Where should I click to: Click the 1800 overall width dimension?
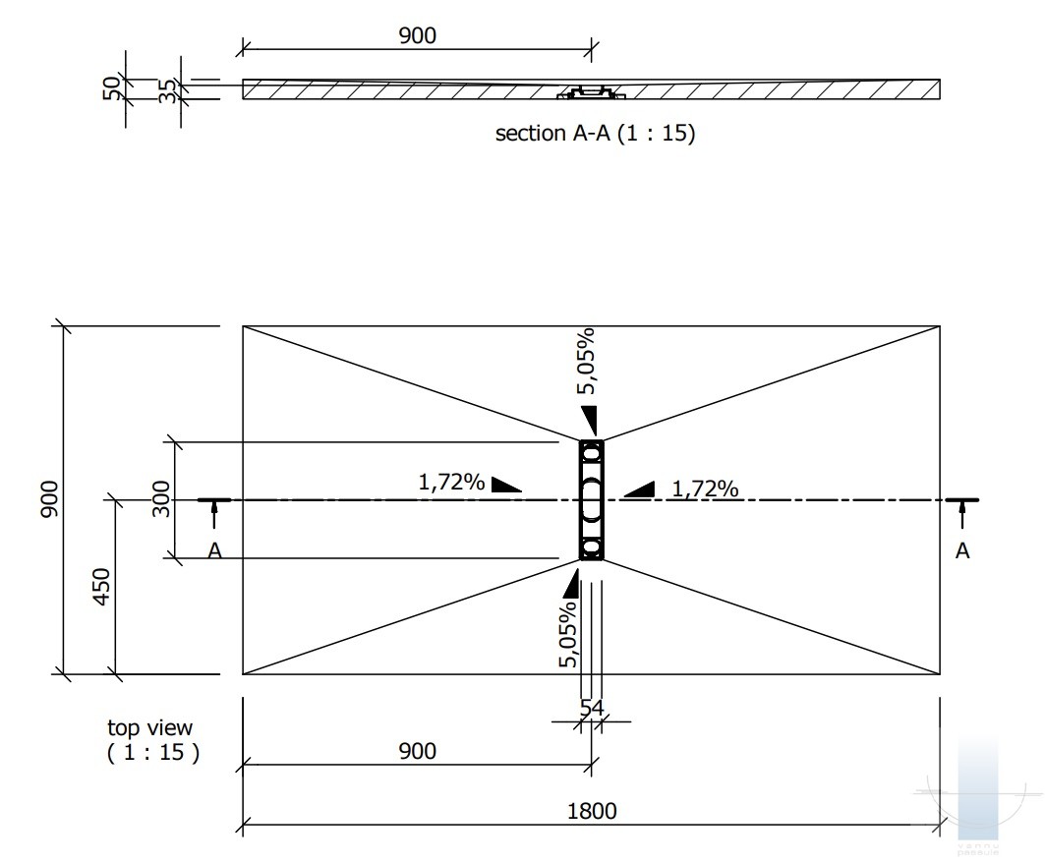click(592, 811)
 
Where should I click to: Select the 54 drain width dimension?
click(592, 707)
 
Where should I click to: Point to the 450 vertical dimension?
click(103, 587)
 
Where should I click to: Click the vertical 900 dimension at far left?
click(50, 500)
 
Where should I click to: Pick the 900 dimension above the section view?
click(417, 35)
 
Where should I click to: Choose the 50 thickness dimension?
click(113, 87)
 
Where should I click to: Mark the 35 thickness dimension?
click(168, 90)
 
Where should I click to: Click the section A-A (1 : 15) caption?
click(595, 134)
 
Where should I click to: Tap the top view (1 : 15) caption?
click(151, 740)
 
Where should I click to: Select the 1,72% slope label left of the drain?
click(451, 483)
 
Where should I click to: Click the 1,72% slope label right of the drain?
click(705, 488)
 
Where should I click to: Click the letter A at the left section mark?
click(214, 551)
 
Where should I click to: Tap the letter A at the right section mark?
click(962, 551)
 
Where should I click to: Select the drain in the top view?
click(592, 500)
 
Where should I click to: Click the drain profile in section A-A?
click(591, 94)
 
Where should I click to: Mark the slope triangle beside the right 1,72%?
click(639, 489)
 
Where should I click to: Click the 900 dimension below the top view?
click(417, 752)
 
